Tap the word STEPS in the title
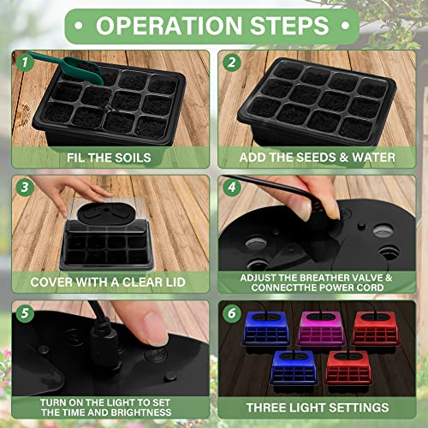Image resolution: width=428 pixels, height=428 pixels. [288, 25]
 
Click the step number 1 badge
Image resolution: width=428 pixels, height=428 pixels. [27, 62]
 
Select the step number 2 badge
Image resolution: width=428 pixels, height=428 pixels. [230, 62]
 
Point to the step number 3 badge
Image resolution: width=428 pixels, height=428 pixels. [27, 186]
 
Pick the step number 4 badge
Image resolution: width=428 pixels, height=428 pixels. [230, 186]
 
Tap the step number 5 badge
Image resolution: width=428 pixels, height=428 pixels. [27, 312]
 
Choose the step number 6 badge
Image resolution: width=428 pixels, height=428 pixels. [230, 312]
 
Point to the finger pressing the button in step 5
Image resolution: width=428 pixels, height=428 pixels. [163, 330]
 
